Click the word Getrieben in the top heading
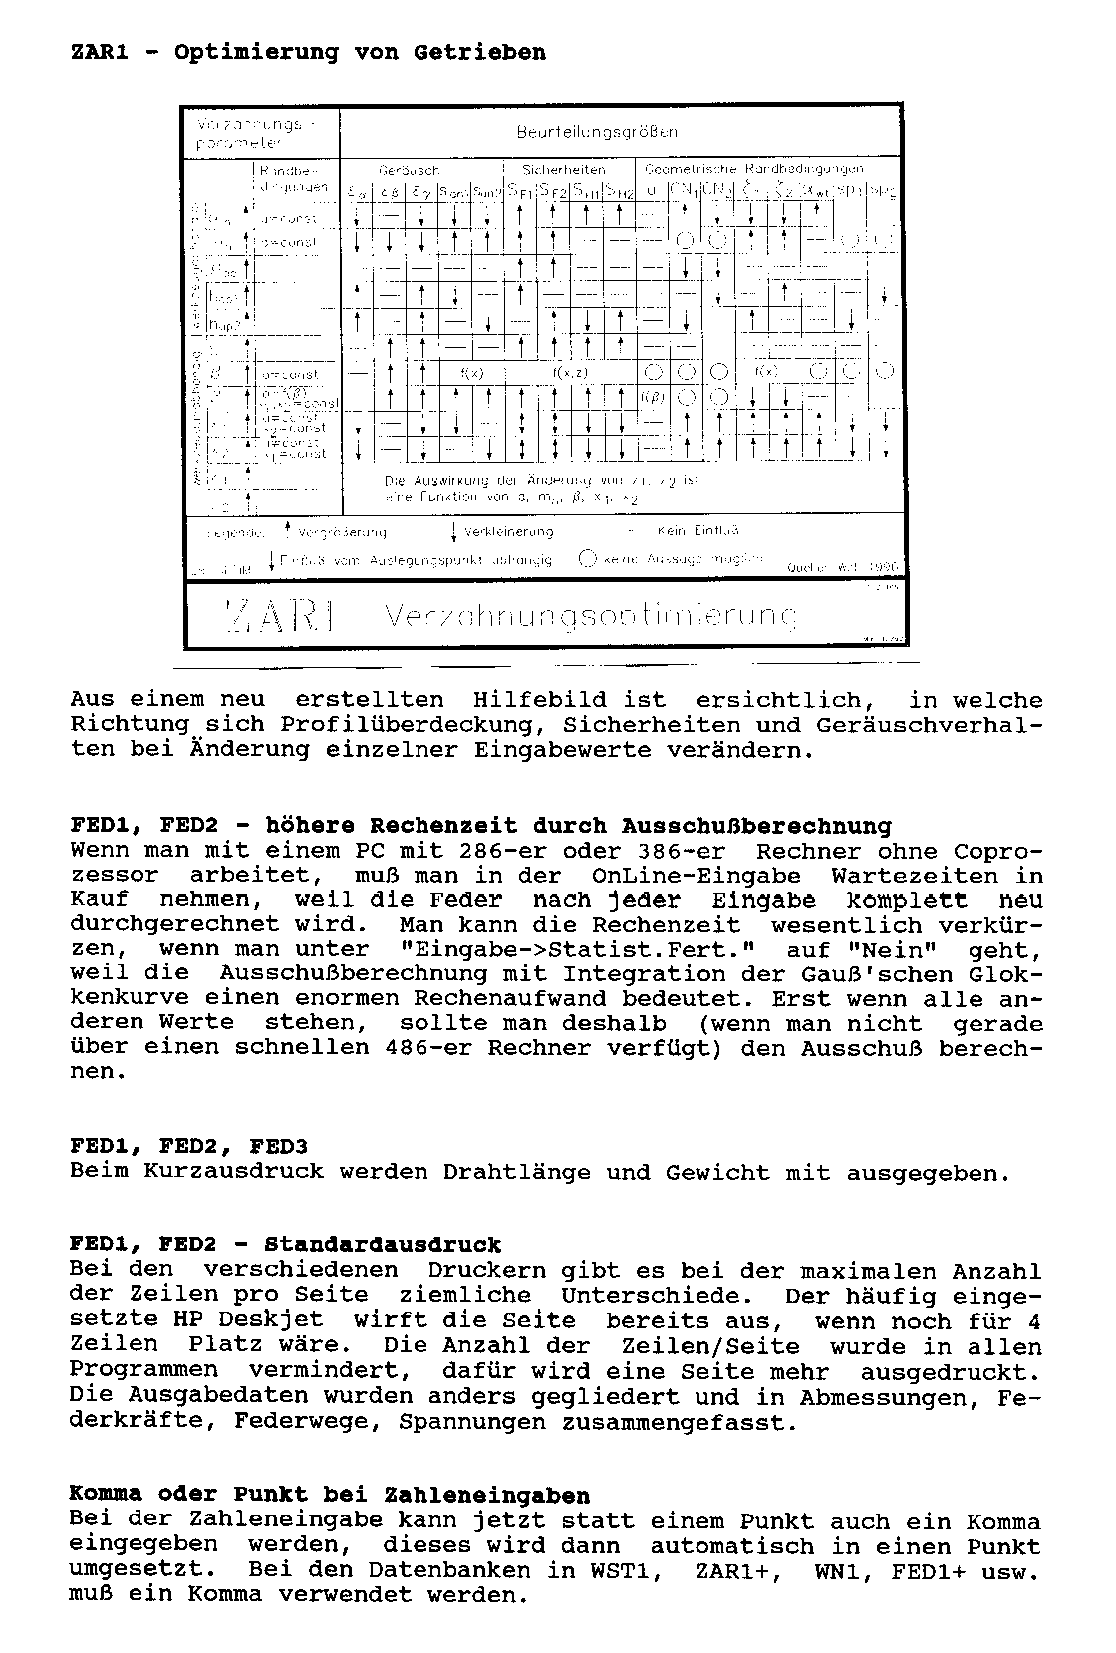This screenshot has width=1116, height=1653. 479,52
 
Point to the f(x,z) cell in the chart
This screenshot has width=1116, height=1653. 571,372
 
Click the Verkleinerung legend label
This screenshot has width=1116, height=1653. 508,531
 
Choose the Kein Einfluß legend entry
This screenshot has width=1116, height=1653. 697,531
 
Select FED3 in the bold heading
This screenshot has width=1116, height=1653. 278,1146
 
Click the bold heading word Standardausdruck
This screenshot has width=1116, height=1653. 383,1245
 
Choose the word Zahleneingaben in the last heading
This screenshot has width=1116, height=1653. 486,1496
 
